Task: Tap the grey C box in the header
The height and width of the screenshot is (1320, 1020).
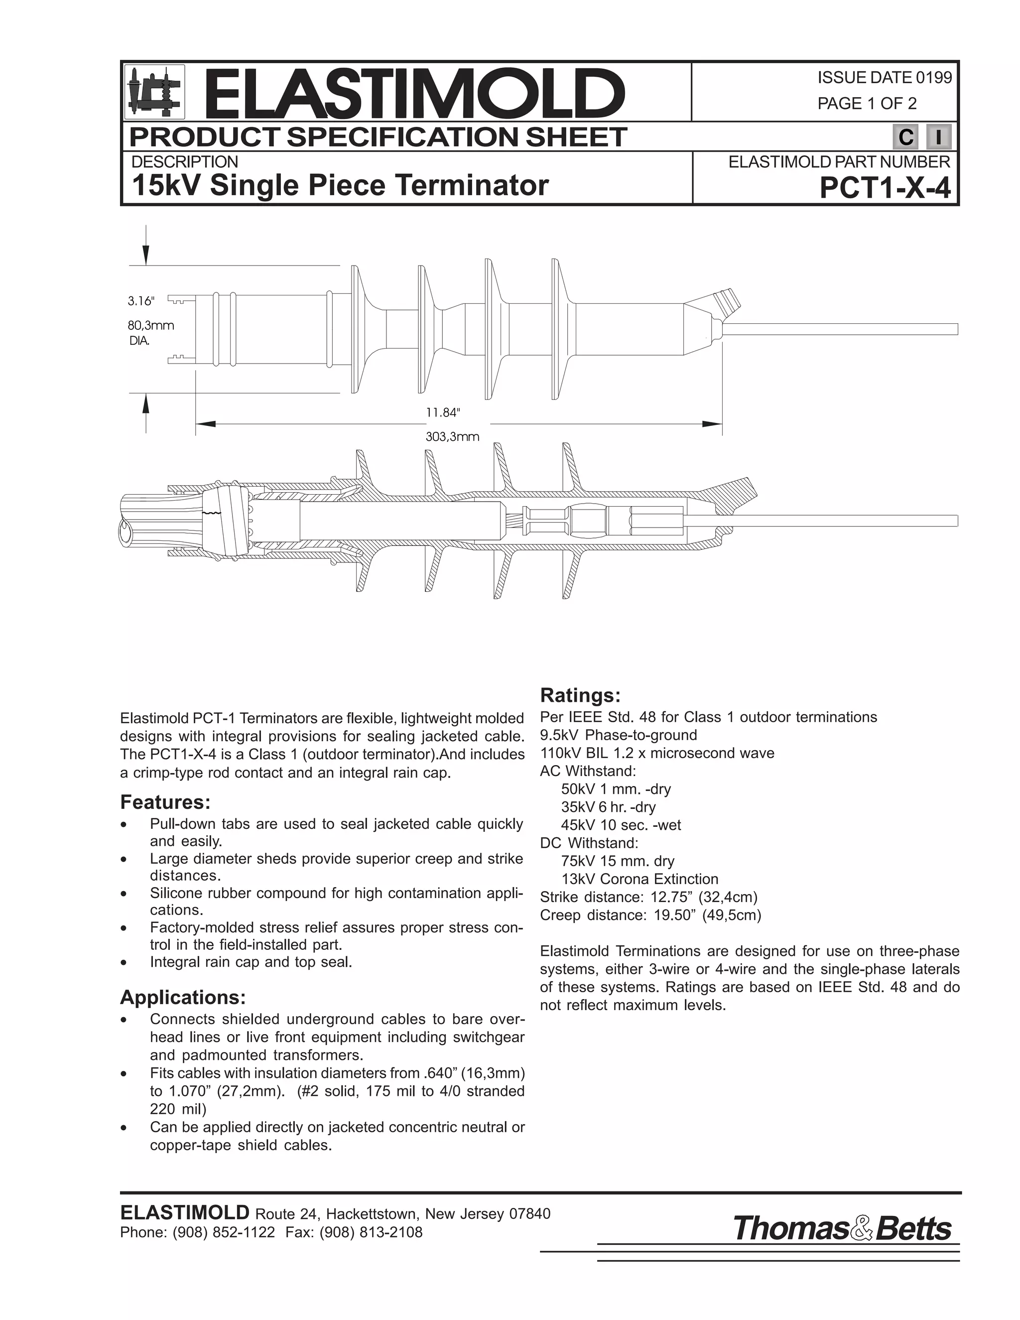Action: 905,137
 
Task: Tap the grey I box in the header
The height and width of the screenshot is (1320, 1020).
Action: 938,137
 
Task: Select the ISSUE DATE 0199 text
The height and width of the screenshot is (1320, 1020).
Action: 884,77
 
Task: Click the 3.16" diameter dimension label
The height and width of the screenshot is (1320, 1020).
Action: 141,300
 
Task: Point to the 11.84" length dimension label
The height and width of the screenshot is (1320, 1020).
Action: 443,412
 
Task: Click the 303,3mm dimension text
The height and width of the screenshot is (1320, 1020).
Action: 452,436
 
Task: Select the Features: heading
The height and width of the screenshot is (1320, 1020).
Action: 165,802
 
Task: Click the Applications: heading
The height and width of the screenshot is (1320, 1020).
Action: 182,997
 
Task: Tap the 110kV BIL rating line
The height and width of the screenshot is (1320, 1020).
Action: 657,753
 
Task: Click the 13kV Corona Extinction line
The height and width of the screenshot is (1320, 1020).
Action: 639,879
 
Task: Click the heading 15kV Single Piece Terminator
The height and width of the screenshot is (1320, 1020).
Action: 340,185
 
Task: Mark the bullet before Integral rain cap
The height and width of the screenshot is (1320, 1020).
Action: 124,963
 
